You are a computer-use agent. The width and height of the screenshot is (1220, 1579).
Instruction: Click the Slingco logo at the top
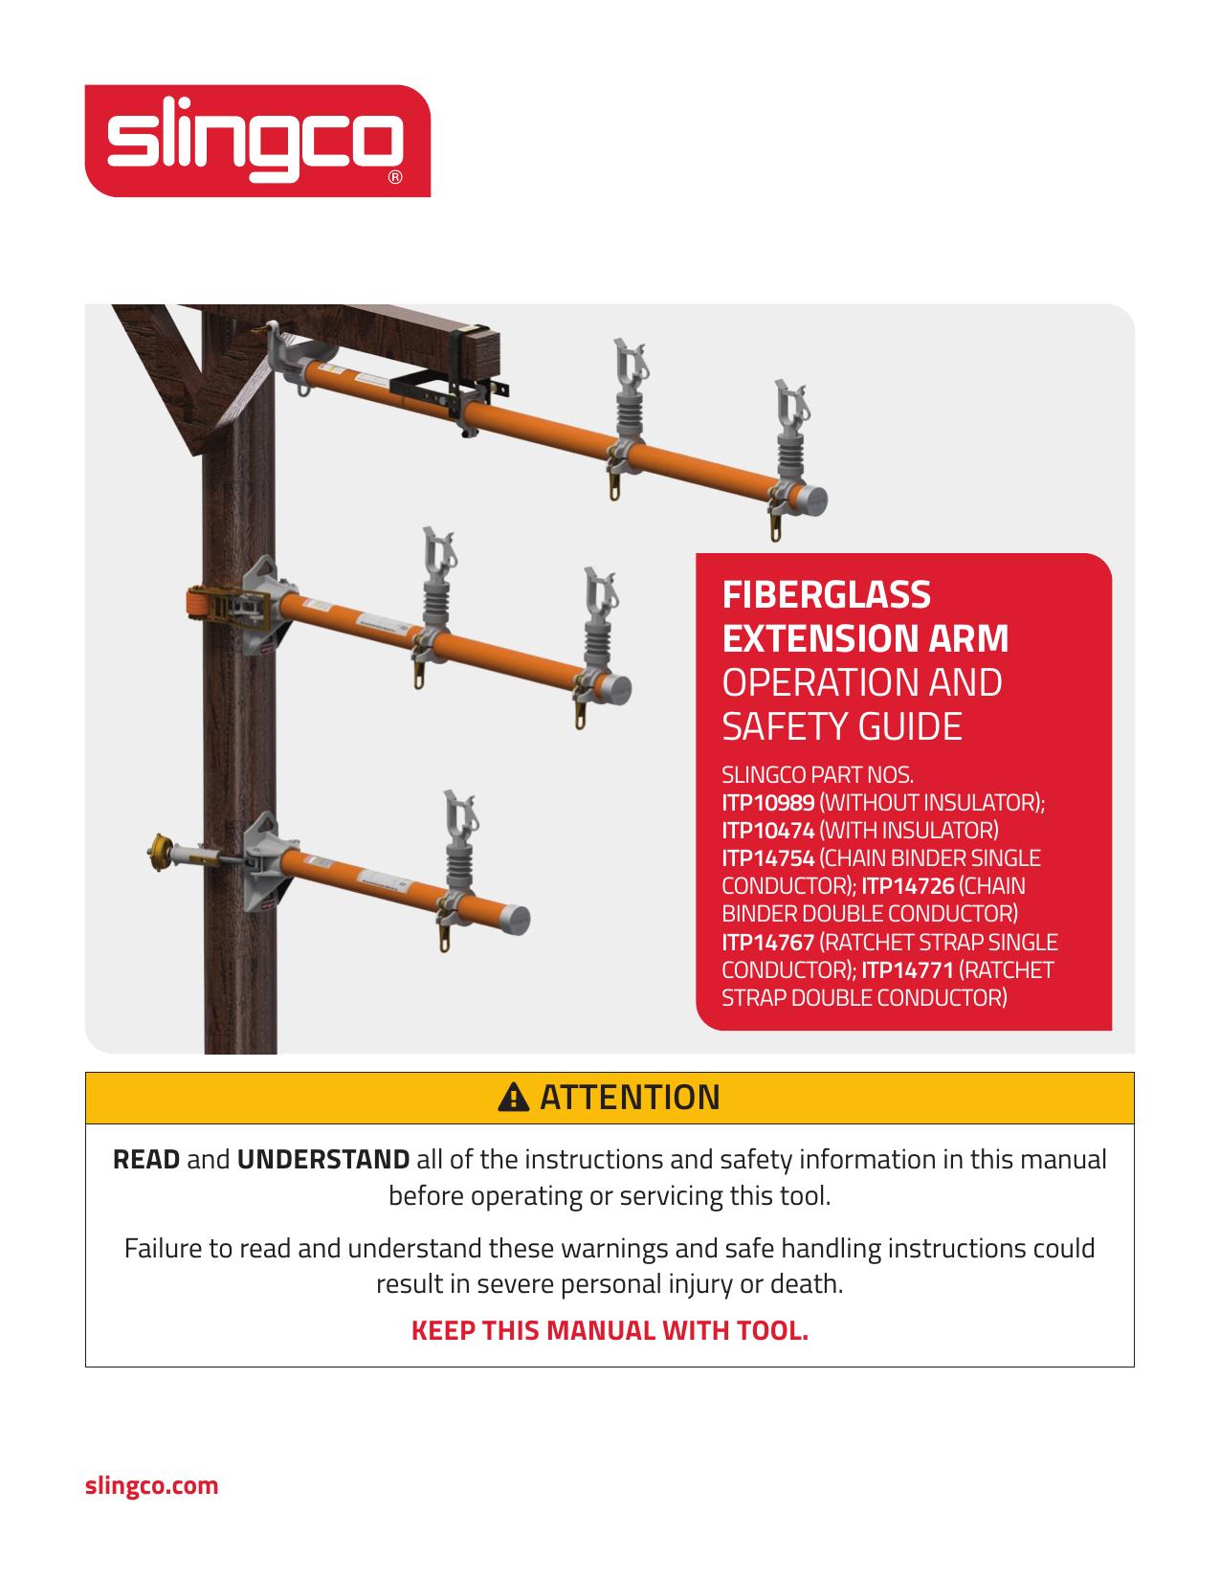(256, 142)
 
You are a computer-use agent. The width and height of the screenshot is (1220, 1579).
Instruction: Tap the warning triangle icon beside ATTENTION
(514, 1098)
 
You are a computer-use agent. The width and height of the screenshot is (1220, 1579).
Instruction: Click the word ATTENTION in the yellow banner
(630, 1098)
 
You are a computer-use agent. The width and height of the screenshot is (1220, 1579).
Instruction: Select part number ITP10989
(767, 802)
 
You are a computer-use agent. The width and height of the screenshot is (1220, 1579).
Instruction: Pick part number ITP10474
(767, 830)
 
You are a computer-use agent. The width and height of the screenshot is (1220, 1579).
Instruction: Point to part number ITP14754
(767, 857)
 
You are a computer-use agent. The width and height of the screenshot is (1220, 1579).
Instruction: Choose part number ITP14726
(907, 886)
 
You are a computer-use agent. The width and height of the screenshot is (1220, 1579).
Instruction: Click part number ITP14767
(767, 942)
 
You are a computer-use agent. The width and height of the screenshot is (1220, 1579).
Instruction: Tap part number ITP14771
(907, 970)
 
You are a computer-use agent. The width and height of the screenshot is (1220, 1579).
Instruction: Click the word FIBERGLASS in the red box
(826, 595)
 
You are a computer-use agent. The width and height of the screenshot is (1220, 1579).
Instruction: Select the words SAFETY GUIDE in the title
(841, 727)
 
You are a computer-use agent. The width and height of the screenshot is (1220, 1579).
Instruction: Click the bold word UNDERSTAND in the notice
(323, 1160)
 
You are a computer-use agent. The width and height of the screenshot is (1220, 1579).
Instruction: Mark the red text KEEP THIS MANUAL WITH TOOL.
(610, 1331)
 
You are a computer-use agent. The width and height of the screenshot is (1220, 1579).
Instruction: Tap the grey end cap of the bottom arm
(513, 918)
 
